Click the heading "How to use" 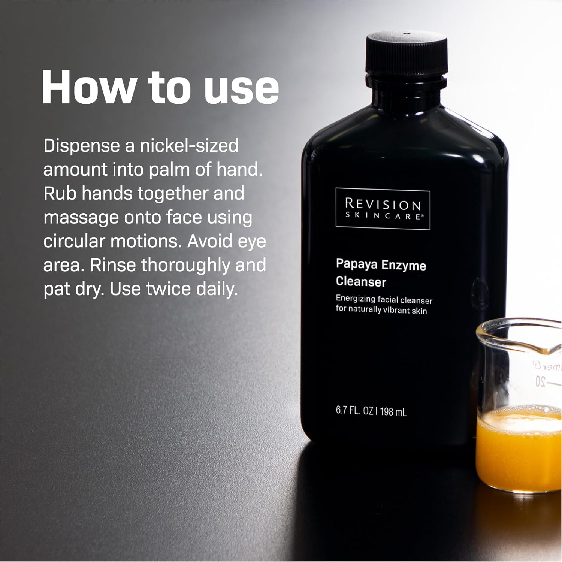(160, 87)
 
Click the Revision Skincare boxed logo (383, 209)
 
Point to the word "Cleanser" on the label (361, 281)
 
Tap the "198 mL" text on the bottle (393, 412)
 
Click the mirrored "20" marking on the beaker (540, 381)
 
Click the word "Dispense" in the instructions (81, 146)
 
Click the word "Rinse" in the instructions (113, 265)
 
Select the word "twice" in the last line (168, 289)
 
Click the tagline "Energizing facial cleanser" (384, 299)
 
